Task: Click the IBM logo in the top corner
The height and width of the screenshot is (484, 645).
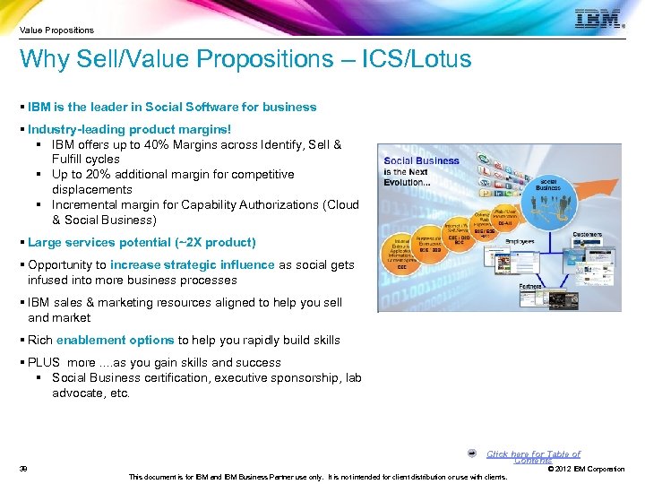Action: (x=598, y=20)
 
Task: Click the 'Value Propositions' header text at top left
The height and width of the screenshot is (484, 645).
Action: (x=56, y=30)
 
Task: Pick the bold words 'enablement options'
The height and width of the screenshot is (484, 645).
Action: (x=115, y=341)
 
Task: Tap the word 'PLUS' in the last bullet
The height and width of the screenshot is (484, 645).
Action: (x=44, y=363)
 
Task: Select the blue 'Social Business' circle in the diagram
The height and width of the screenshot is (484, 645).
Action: (x=547, y=183)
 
